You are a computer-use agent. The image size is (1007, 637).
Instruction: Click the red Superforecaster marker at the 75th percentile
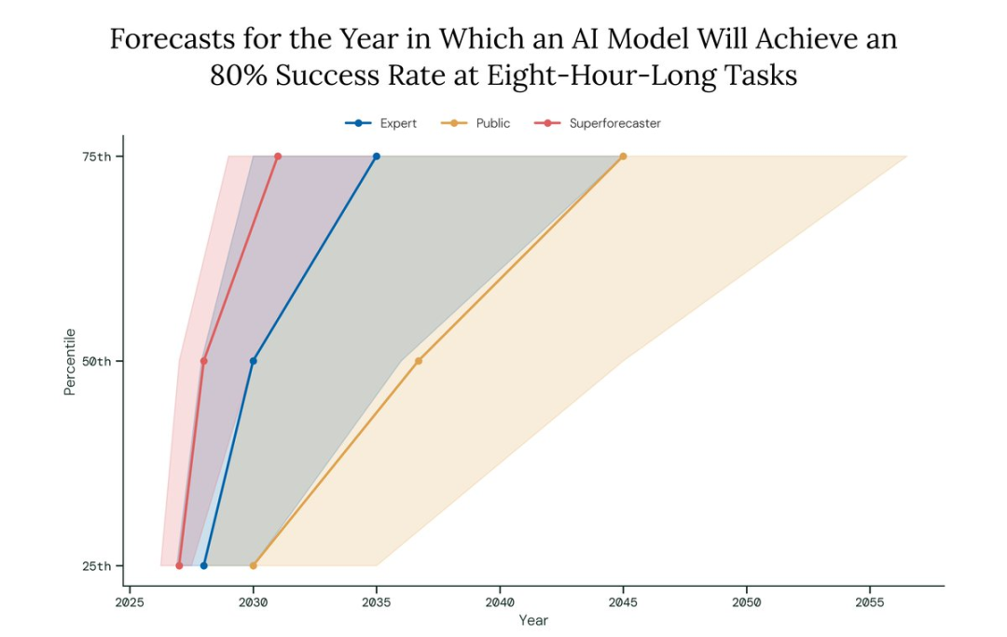[278, 157]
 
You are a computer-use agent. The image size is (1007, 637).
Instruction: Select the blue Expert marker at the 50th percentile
[253, 361]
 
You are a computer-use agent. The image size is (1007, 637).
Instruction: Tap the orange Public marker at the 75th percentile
[623, 157]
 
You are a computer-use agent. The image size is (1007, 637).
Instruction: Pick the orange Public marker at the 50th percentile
[419, 361]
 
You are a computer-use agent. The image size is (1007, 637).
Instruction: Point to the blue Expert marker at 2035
[377, 157]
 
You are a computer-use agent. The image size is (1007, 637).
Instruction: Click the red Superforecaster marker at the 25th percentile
[179, 566]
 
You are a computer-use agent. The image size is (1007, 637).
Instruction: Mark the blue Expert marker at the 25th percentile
[203, 566]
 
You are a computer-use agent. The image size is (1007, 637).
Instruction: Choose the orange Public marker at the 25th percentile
[253, 566]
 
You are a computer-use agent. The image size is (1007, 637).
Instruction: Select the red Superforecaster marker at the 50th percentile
[203, 361]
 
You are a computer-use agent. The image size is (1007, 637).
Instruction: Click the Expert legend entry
[380, 123]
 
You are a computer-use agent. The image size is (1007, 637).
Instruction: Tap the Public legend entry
[476, 123]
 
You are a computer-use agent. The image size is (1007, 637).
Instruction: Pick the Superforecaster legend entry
[598, 123]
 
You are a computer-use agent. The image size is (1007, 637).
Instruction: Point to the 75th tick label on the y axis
[96, 157]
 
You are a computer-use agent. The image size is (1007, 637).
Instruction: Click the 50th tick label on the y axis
[96, 361]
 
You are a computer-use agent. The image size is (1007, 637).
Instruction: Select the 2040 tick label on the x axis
[500, 602]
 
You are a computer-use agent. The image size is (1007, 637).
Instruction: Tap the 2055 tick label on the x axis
[870, 602]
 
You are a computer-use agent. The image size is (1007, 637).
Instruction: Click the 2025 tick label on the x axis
[130, 602]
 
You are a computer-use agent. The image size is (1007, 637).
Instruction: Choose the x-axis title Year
[533, 620]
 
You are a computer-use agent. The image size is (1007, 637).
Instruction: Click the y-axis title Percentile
[69, 362]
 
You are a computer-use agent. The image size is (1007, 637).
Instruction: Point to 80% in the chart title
[239, 76]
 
